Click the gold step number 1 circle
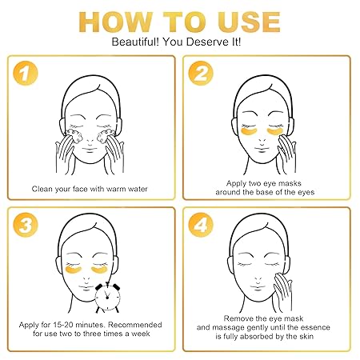coord(26,74)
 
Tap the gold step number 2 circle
coord(201,74)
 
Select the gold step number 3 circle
coord(26,225)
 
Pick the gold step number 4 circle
coord(201,225)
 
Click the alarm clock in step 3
coord(108,298)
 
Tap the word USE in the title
coord(249,22)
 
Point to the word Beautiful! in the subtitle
coord(135,42)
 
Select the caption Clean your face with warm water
coord(90,189)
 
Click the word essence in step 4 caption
coord(314,327)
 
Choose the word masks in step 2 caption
coord(290,183)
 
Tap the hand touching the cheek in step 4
coord(282,290)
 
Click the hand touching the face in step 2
coord(286,153)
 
